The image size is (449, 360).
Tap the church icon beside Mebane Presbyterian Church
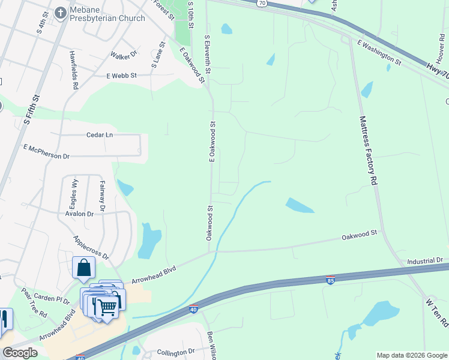click(60, 12)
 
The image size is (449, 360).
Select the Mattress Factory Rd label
click(368, 150)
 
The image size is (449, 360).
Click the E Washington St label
click(379, 52)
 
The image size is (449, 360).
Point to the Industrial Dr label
click(424, 261)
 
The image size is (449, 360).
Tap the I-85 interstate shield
click(330, 280)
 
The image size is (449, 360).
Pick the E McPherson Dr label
click(47, 151)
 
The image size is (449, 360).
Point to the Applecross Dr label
click(91, 247)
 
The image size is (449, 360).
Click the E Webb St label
click(122, 76)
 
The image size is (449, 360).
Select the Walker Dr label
click(124, 55)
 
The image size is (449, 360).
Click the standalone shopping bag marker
click(83, 268)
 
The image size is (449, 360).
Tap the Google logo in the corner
click(20, 353)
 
